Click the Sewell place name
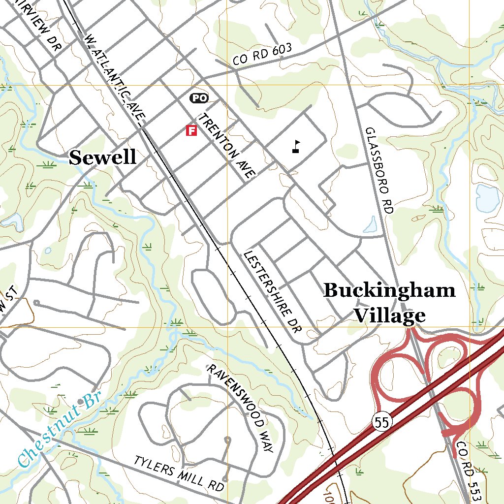point(102,157)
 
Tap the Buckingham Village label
point(389,303)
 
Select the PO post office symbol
point(199,98)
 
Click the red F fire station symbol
point(191,130)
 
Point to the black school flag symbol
point(296,147)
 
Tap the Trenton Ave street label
point(227,145)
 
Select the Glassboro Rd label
point(380,170)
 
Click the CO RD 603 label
point(263,54)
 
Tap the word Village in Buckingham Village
point(389,315)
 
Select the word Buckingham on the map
point(389,290)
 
